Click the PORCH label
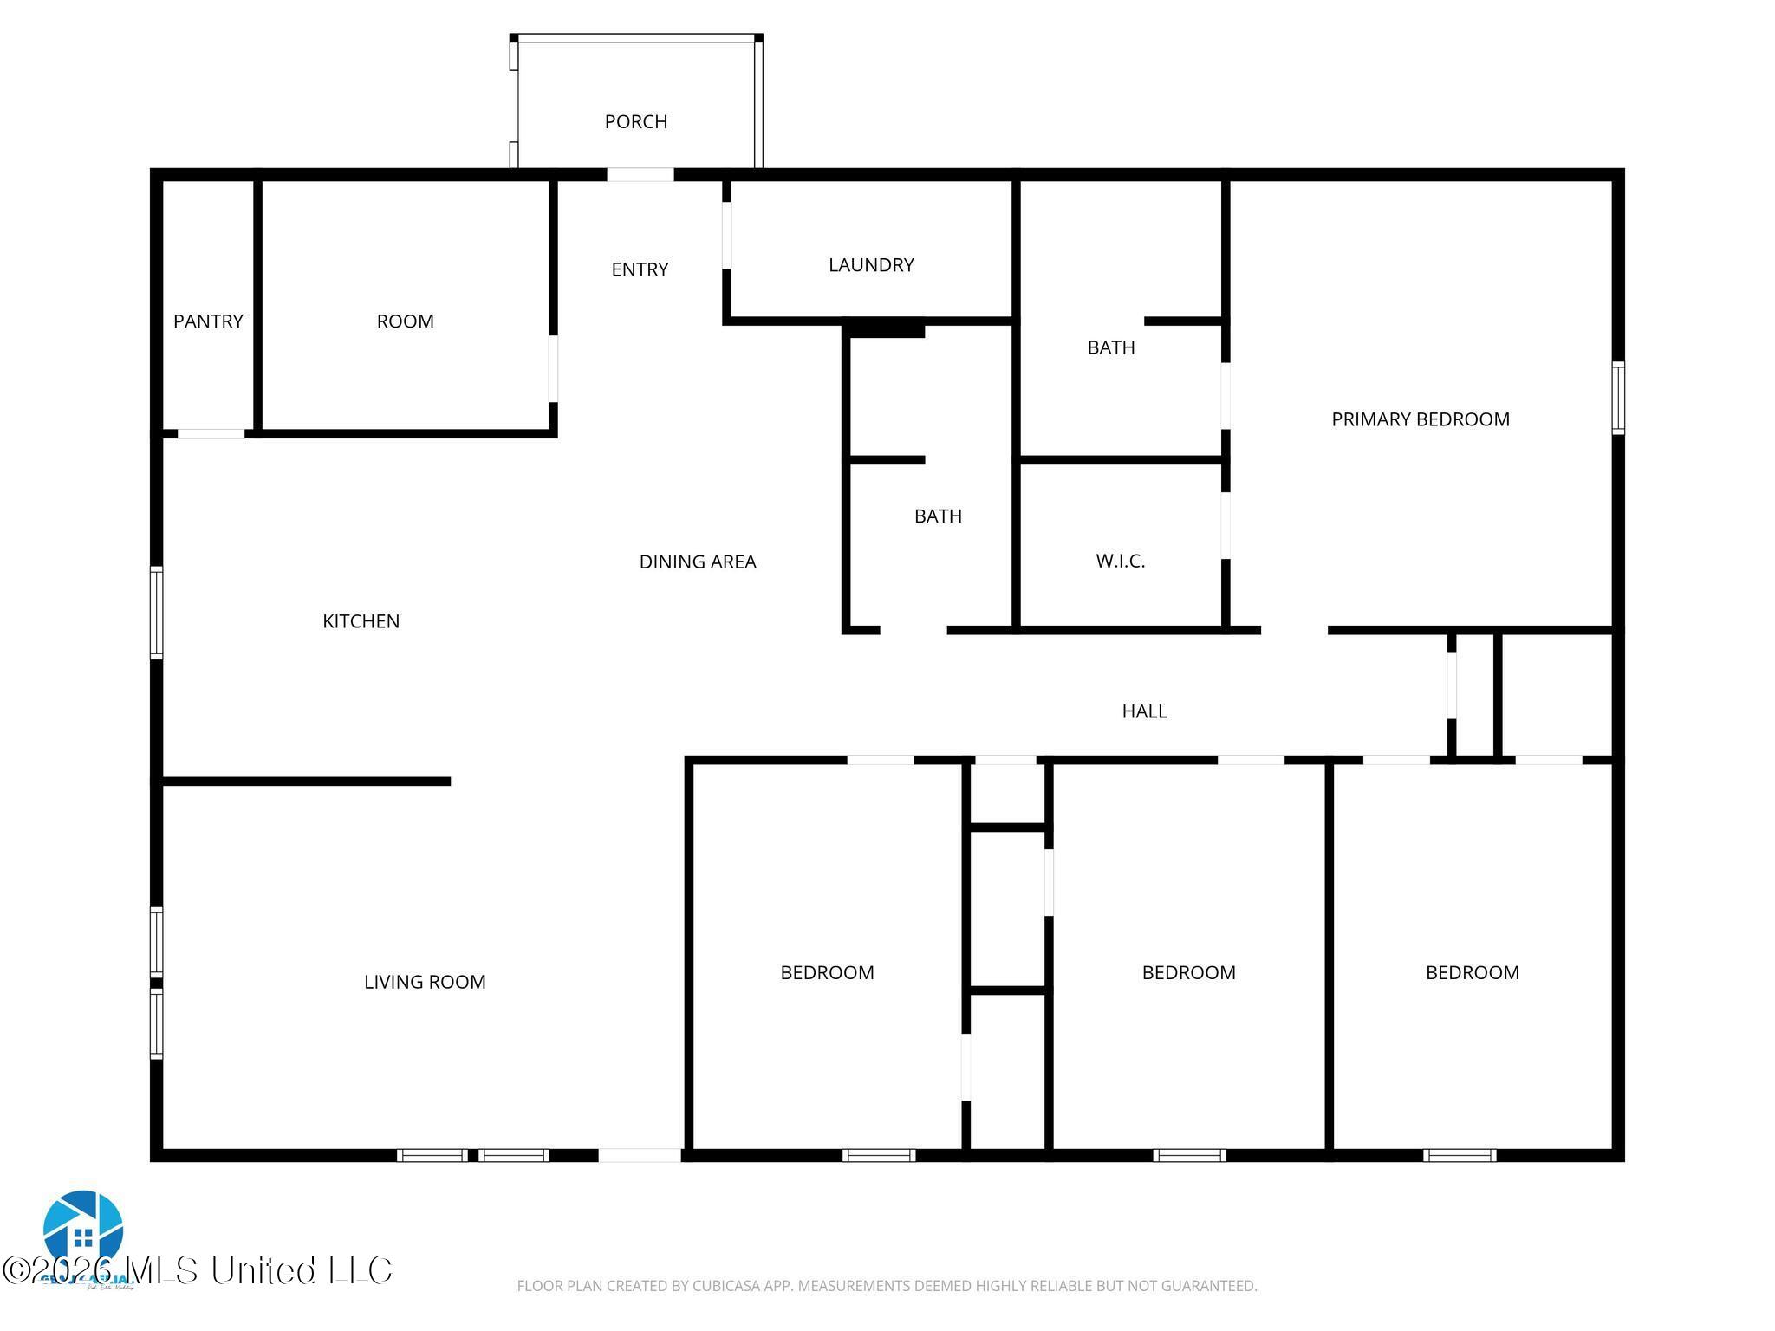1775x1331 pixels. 635,121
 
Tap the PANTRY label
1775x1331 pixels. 208,321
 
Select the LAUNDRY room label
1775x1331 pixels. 871,265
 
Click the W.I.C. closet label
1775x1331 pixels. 1120,562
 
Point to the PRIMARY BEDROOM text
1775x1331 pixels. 1420,419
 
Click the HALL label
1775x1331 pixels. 1144,711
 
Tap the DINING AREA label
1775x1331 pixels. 697,562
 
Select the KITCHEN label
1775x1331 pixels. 361,621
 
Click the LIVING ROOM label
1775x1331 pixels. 425,982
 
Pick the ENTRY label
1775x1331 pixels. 640,269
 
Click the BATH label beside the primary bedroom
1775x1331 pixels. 1110,347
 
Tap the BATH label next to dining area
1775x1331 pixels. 938,516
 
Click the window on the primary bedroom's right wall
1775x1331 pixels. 1617,398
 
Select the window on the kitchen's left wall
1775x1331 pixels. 157,612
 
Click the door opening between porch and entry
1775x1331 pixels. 640,175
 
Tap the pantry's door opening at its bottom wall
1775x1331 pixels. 211,434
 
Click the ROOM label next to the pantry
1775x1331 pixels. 405,321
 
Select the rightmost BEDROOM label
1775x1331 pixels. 1472,972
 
